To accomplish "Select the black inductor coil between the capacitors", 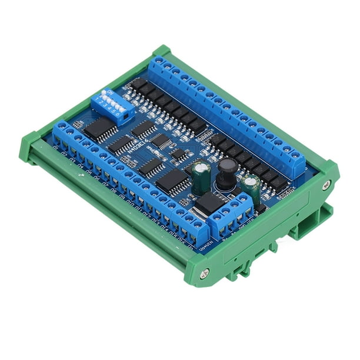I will click(x=226, y=174).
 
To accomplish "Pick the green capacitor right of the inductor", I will click(x=250, y=189).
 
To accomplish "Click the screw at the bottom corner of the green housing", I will click(x=204, y=273).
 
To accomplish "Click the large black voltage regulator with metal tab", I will click(x=209, y=204).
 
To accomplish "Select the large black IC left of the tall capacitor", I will click(x=172, y=181).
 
